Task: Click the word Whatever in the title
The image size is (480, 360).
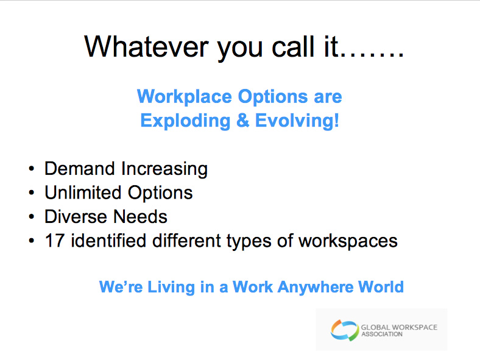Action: [147, 46]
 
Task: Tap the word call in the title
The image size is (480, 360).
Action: [293, 46]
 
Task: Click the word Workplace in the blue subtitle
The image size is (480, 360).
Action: [185, 97]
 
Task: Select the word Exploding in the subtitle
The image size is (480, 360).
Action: [185, 121]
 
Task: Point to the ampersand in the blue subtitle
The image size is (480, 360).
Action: [243, 121]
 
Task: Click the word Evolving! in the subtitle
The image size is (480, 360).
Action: [297, 121]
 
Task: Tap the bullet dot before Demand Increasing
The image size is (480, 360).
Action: [31, 169]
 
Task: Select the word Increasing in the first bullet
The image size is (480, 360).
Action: [164, 169]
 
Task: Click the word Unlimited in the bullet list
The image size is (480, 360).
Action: [83, 192]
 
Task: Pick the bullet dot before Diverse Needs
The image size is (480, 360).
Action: [31, 217]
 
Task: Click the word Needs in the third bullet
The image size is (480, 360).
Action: [141, 217]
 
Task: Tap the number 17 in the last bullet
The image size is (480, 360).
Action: [55, 241]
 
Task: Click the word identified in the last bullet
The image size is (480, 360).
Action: [108, 241]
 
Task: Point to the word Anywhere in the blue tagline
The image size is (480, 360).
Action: [315, 288]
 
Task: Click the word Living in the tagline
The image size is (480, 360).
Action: [171, 288]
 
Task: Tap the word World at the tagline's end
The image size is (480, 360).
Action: [381, 287]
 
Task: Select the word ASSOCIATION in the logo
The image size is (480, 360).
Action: [382, 334]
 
